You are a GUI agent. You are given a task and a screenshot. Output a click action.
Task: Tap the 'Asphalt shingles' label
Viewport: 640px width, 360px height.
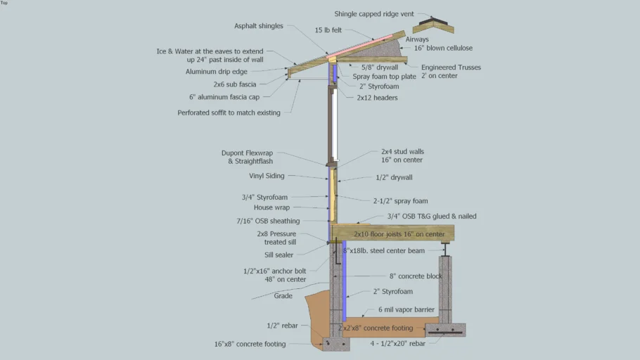pos(259,26)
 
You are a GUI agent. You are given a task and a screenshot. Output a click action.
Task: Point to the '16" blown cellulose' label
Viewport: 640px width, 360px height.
pos(443,48)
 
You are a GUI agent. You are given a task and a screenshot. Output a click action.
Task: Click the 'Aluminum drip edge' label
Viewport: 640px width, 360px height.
pos(217,72)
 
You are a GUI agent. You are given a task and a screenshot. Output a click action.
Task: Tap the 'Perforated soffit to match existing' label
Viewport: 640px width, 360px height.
pos(229,112)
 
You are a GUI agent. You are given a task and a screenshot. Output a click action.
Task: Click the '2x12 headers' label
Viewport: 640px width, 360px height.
pos(377,98)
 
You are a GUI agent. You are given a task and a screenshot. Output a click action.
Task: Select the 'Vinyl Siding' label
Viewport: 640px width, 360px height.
pos(267,176)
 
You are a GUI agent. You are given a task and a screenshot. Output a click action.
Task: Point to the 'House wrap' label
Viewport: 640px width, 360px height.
pos(271,208)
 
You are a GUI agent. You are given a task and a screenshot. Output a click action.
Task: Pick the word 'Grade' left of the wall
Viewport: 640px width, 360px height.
pos(283,296)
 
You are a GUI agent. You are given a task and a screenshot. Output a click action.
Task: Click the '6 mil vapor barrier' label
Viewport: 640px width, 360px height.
pos(407,309)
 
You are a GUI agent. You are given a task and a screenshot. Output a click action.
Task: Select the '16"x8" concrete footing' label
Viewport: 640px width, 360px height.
pos(250,345)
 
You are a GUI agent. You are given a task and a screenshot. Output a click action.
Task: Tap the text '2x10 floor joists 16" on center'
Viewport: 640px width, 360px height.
pos(399,234)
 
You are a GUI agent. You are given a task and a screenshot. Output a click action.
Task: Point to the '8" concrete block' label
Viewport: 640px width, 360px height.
pos(416,276)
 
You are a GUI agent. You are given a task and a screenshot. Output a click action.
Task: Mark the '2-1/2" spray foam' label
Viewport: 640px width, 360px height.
pos(400,201)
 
